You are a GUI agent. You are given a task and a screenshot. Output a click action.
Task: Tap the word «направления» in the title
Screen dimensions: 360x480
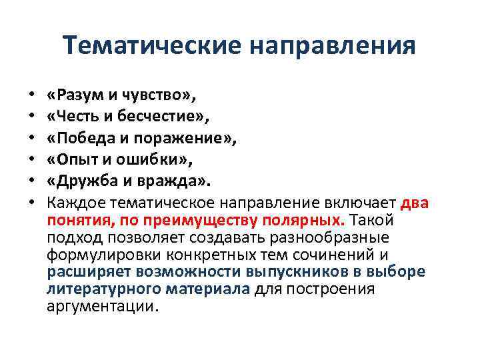[x=333, y=46]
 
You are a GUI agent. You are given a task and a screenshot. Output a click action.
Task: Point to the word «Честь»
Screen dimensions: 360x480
[x=79, y=118]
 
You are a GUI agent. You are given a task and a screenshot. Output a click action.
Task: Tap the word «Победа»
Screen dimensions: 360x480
[x=86, y=139]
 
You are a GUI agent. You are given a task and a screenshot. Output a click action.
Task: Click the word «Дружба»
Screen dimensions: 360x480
[x=85, y=181]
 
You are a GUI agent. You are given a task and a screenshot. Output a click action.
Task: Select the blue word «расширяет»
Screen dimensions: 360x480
[x=90, y=272]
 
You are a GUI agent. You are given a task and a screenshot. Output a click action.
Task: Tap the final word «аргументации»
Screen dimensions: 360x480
[x=103, y=307]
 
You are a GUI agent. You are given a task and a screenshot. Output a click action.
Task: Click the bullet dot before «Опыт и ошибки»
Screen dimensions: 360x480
[x=31, y=161]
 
